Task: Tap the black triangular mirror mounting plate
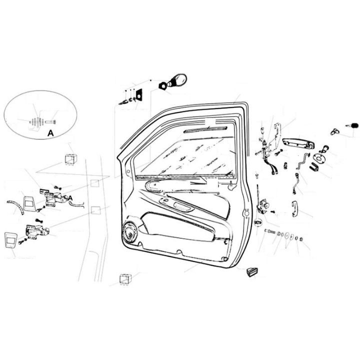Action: pos(139,95)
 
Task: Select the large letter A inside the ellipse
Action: pos(50,133)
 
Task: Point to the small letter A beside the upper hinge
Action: pos(70,198)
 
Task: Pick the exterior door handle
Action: pos(298,143)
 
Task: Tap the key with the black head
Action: pos(352,126)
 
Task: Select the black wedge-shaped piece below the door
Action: pos(252,272)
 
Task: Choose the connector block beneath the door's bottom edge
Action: pos(125,279)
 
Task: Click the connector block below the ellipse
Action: pos(71,159)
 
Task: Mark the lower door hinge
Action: pos(37,231)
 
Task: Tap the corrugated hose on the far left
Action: pos(16,206)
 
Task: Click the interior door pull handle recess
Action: pos(183,206)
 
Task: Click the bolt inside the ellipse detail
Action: pos(51,121)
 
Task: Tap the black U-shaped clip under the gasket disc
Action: pos(313,166)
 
